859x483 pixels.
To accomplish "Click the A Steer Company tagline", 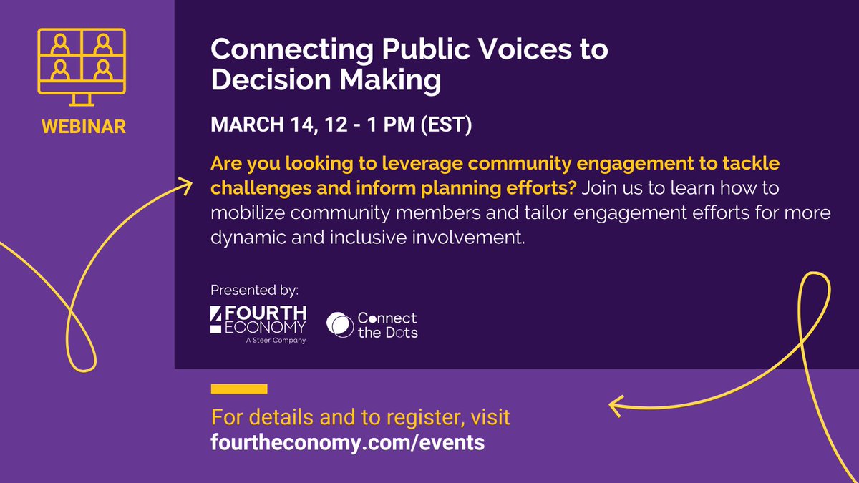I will pyautogui.click(x=275, y=341).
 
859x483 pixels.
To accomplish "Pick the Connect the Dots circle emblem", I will pyautogui.click(x=339, y=324).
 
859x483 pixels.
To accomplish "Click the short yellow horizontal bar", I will pyautogui.click(x=239, y=389).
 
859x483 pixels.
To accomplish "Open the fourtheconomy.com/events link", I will pyautogui.click(x=348, y=442).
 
